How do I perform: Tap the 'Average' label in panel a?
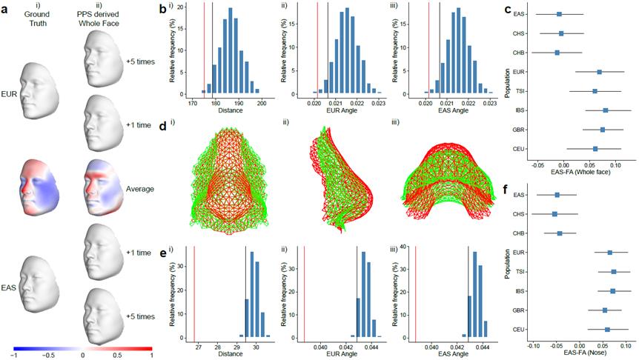point(140,189)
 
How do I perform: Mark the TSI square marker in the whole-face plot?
point(595,91)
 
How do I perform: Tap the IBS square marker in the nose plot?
point(613,291)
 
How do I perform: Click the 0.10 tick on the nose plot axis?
point(626,345)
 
